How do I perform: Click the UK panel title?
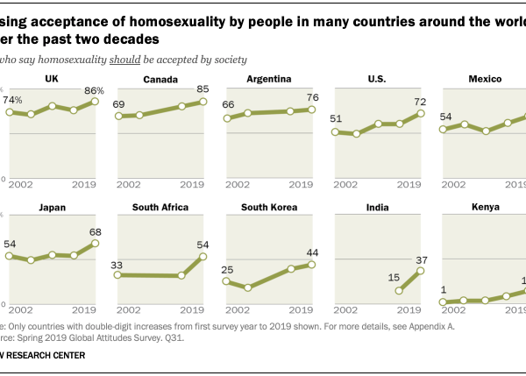click(51, 80)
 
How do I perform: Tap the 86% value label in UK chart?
click(93, 90)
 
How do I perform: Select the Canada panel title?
click(159, 80)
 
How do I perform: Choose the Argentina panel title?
click(269, 80)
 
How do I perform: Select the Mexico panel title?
click(484, 80)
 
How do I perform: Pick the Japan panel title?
click(51, 208)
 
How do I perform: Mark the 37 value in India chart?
click(421, 259)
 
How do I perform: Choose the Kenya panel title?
click(484, 208)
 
